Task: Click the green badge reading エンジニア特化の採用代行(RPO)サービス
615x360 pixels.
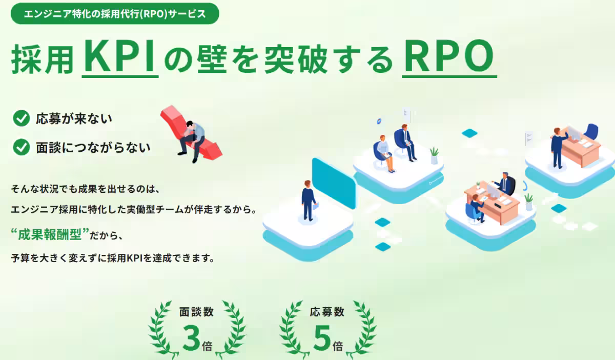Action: point(115,13)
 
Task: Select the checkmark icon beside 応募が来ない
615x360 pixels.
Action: point(22,118)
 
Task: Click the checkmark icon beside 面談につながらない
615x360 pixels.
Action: point(22,147)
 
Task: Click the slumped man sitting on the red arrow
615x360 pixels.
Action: point(193,141)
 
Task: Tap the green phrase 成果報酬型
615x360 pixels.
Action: point(50,234)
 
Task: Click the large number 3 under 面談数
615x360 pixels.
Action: point(191,338)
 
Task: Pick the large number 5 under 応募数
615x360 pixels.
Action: point(322,338)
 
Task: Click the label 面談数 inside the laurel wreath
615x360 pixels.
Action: point(197,312)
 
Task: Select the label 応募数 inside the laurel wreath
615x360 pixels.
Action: point(327,312)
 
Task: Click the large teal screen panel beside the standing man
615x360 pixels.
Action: point(334,183)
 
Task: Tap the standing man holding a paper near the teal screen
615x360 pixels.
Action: point(309,201)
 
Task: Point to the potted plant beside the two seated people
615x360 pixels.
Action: point(434,155)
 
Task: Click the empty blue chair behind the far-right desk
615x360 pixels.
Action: point(591,132)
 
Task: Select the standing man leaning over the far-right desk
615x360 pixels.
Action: point(559,148)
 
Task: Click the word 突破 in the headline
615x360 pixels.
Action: point(296,59)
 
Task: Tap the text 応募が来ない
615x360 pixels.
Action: point(74,118)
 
